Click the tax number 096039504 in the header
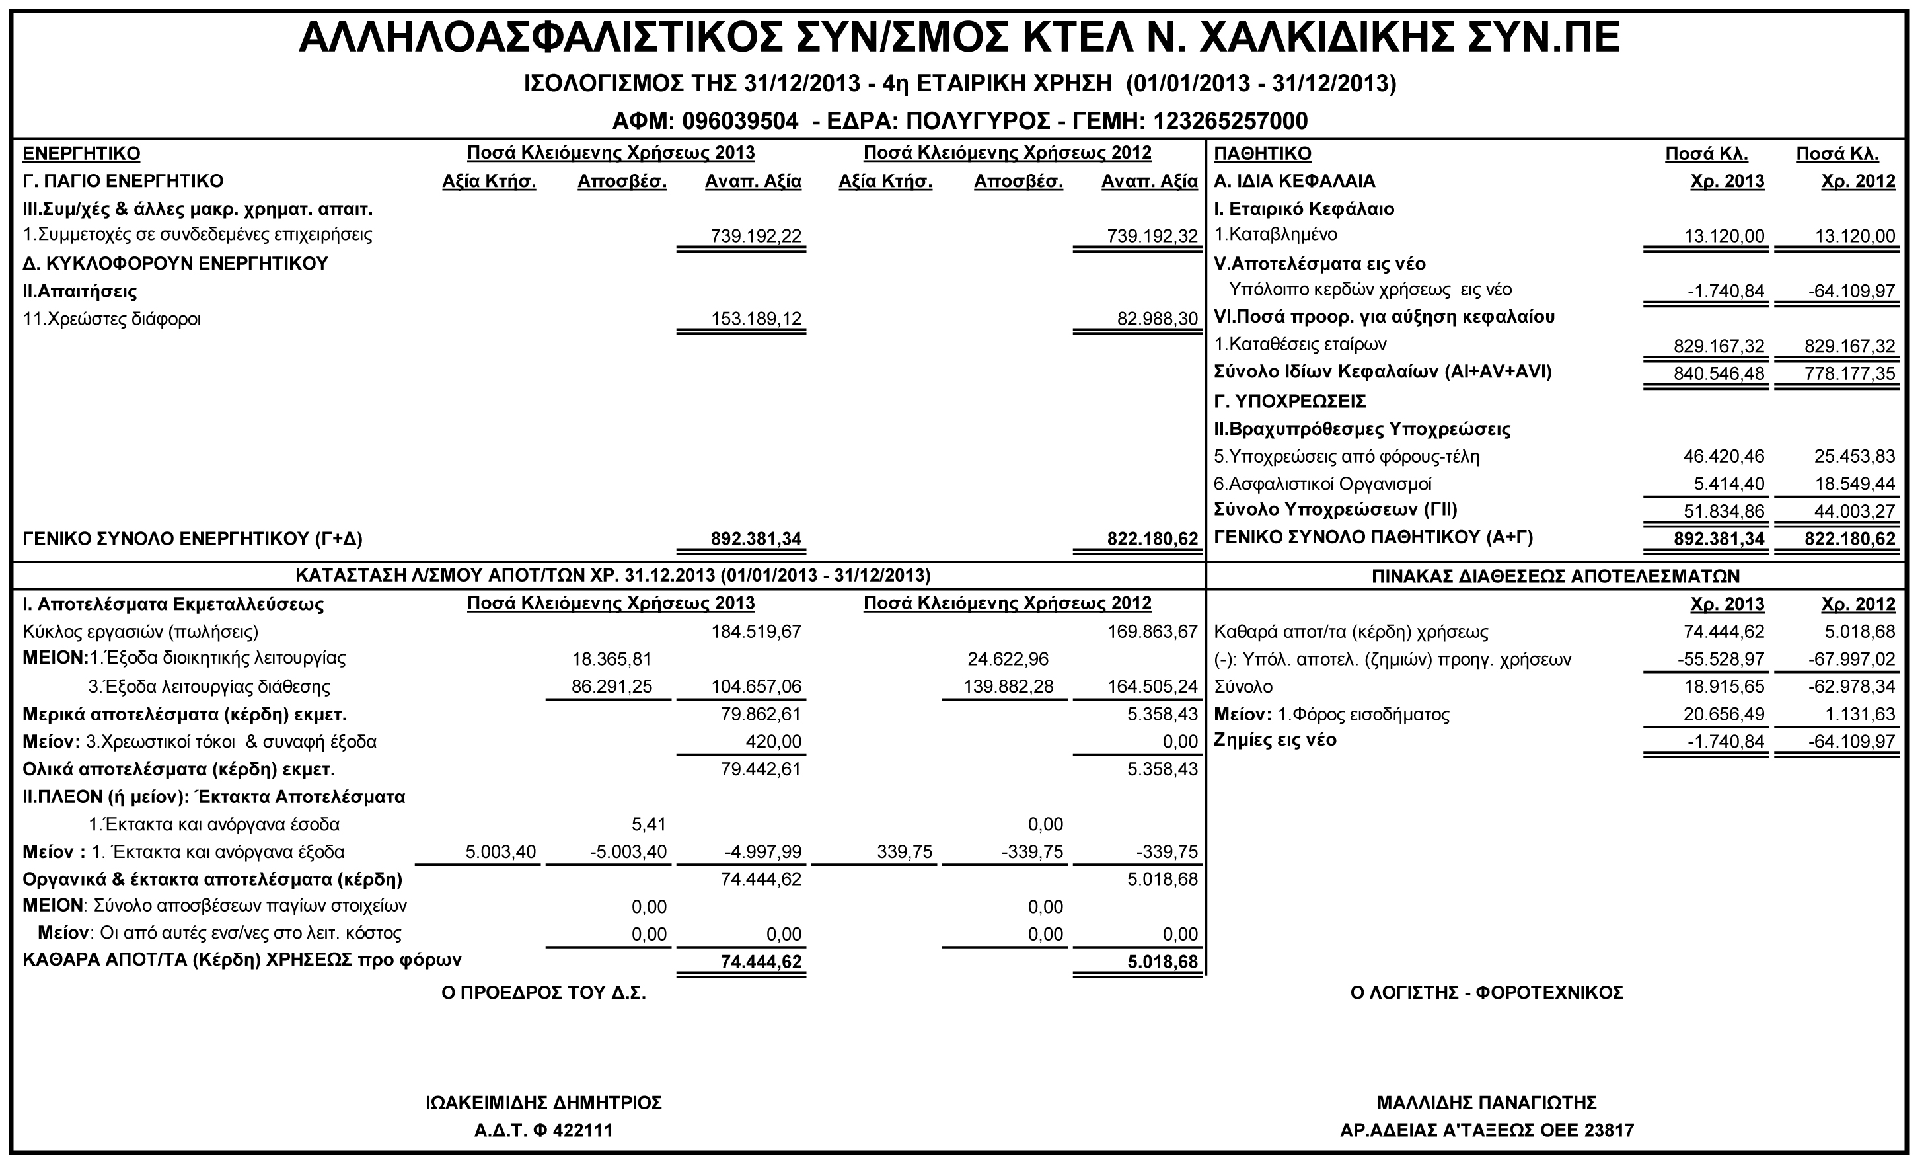(740, 122)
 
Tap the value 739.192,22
(755, 236)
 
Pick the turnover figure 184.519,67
(755, 631)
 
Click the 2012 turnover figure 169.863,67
(1152, 631)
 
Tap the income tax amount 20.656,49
(1724, 715)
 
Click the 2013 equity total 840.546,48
(1719, 374)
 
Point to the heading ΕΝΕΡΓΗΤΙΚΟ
(81, 153)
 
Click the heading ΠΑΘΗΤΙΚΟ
(1262, 153)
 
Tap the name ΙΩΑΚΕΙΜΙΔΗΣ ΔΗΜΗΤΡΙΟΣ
(544, 1103)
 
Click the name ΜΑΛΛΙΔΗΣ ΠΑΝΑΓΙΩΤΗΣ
(1487, 1103)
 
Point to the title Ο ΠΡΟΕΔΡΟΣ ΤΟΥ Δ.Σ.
(544, 993)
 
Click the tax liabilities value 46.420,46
(1724, 457)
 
